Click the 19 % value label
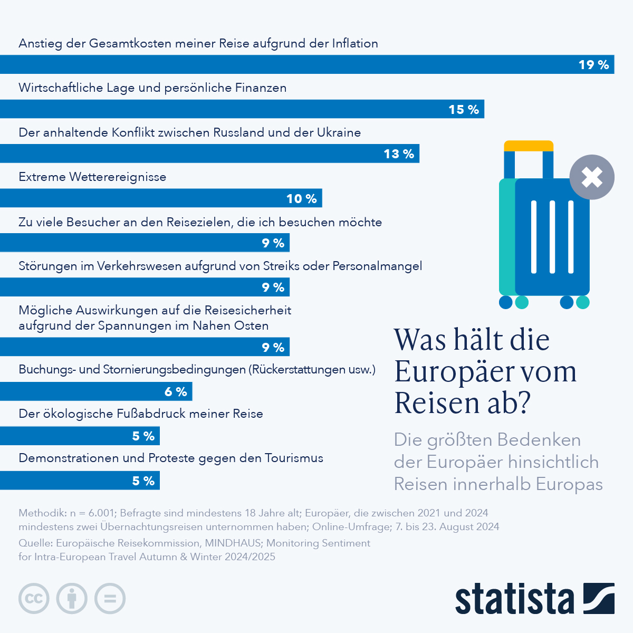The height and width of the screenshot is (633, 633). click(x=593, y=65)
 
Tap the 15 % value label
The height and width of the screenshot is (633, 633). click(x=464, y=110)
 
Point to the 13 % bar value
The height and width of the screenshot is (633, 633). click(x=399, y=154)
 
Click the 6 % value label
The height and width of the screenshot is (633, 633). click(x=176, y=392)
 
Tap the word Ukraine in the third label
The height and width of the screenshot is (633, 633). click(x=339, y=132)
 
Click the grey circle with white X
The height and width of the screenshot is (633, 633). click(x=592, y=177)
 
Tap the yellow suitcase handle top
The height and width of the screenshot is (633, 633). click(x=529, y=146)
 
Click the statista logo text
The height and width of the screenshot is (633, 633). click(x=514, y=599)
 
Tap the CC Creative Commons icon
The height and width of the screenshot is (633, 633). click(x=34, y=599)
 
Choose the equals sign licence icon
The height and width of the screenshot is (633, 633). click(x=110, y=599)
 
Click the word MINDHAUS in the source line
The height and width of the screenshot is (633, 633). click(x=233, y=543)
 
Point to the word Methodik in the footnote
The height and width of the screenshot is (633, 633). click(x=41, y=513)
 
